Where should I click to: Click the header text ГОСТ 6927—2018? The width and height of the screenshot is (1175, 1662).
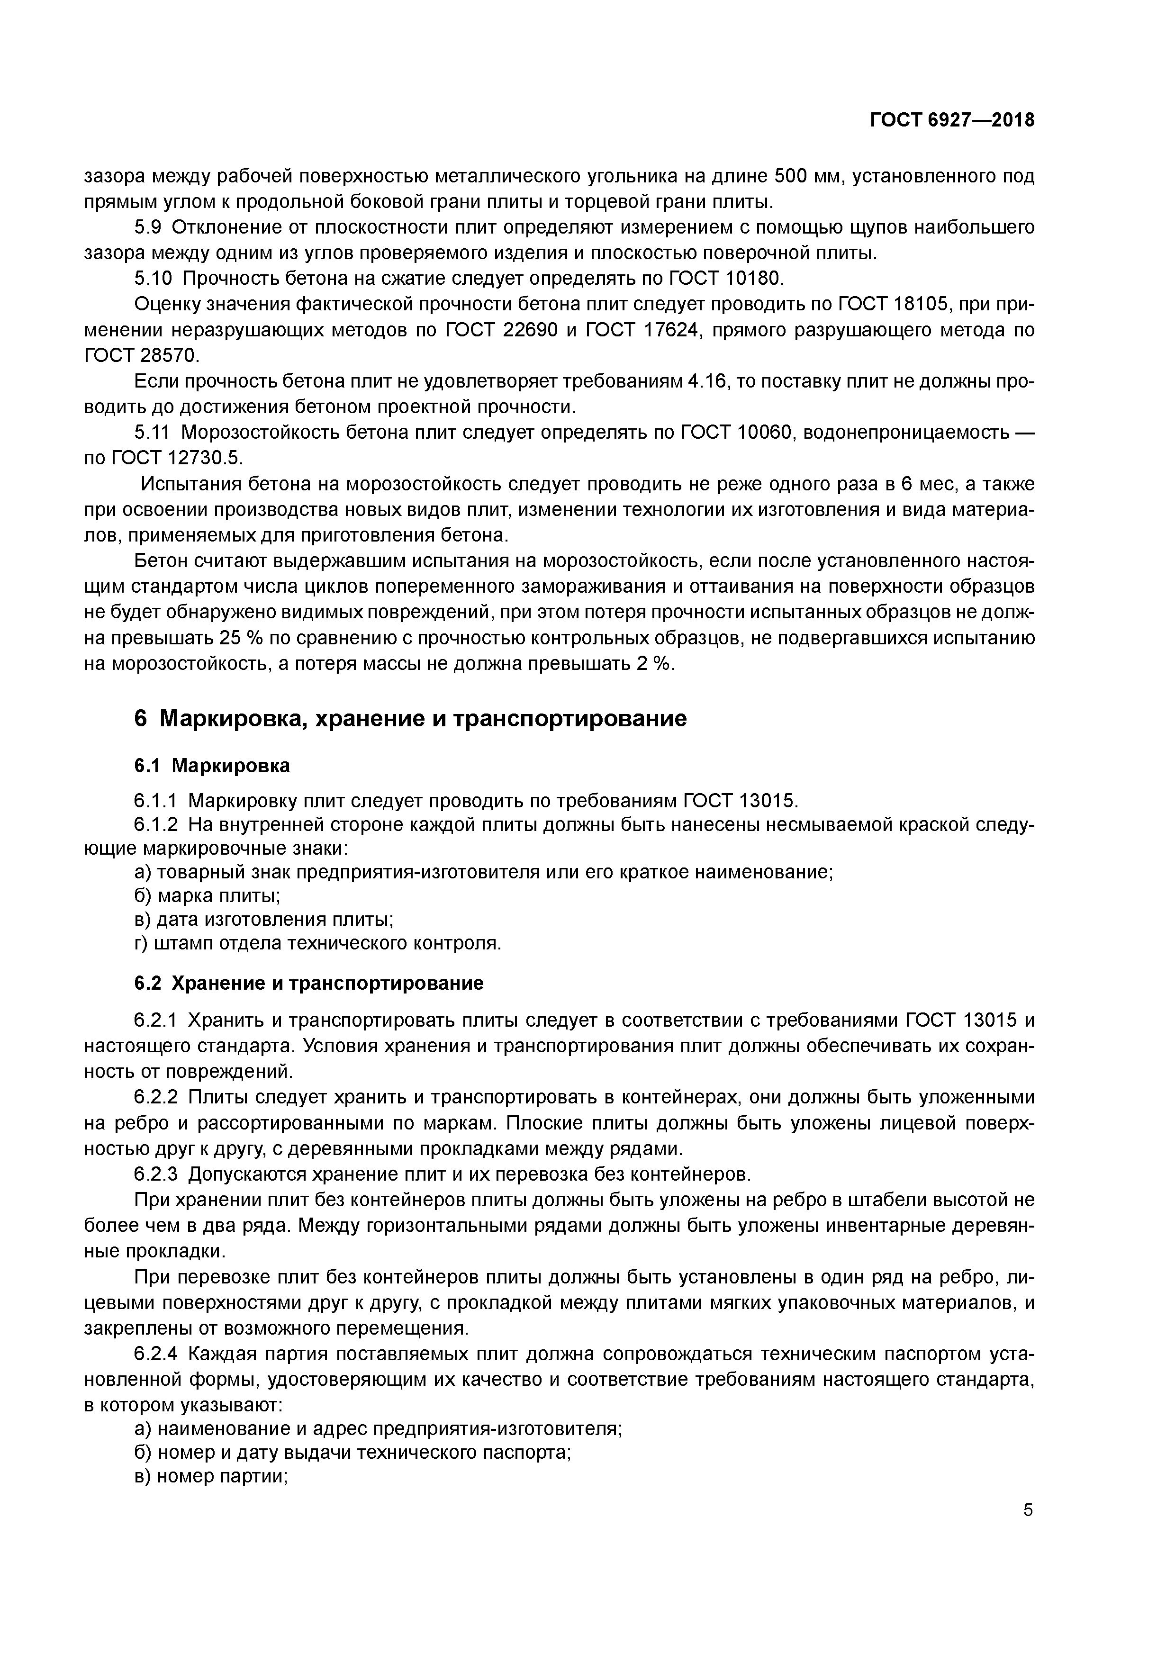coord(951,121)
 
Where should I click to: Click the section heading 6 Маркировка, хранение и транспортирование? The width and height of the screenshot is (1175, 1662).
coord(410,719)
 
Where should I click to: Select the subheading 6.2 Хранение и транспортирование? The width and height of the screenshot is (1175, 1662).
coord(308,983)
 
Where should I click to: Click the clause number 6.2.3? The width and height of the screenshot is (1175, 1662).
coord(156,1174)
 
